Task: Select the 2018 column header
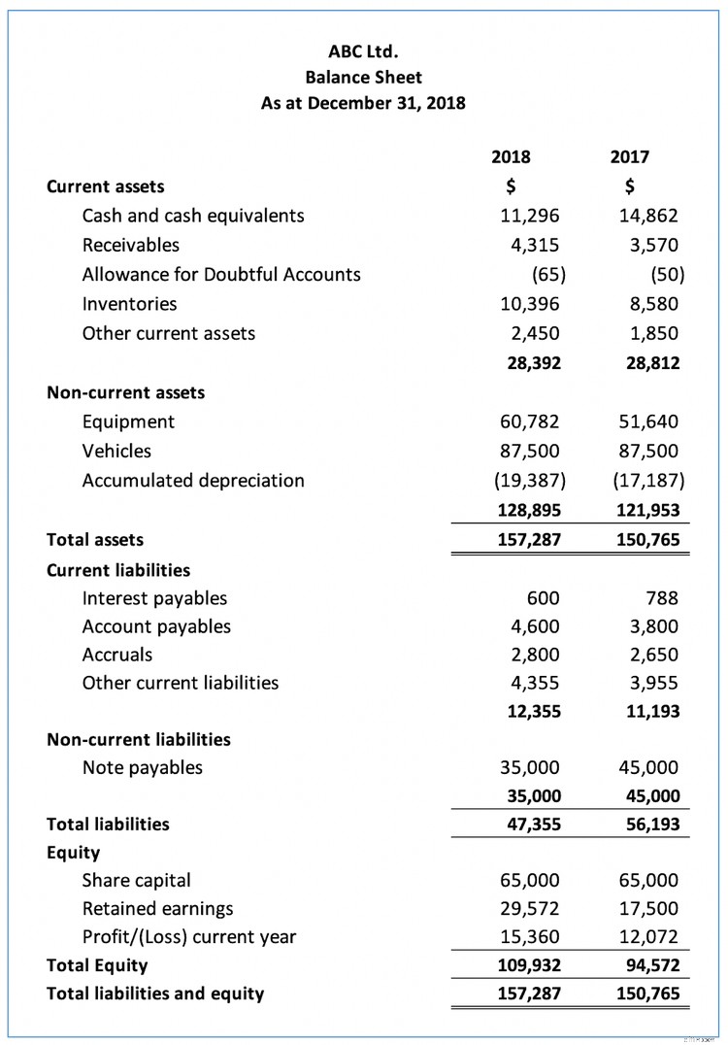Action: [512, 156]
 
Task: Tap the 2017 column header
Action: [630, 156]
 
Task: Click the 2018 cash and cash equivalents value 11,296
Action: [528, 216]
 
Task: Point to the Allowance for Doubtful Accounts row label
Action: [221, 274]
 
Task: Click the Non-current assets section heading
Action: [126, 392]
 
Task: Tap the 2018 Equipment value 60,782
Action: [528, 421]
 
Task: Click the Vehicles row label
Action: [116, 451]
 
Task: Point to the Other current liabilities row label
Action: [181, 683]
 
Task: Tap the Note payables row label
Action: [143, 767]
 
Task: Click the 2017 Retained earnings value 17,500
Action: [648, 909]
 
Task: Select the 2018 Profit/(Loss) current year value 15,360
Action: [528, 937]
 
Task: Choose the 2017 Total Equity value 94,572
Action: [648, 965]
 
